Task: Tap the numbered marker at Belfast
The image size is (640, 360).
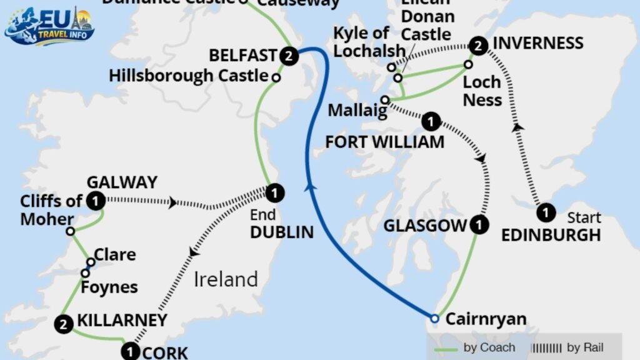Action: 288,55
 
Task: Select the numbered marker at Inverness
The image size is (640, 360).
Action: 478,44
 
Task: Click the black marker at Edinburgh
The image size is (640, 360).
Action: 546,212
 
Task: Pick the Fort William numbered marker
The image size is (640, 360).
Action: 431,120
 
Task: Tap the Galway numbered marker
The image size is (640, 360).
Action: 96,201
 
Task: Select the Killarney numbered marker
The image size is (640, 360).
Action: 62,323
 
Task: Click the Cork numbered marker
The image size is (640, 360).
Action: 130,352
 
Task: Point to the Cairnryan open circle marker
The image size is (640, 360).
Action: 435,319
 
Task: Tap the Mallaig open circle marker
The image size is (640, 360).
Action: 385,100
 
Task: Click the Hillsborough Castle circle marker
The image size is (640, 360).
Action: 275,77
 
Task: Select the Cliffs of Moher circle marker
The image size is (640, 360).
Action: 71,231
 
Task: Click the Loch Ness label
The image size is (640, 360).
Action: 482,91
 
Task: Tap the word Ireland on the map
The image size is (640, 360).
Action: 226,279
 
